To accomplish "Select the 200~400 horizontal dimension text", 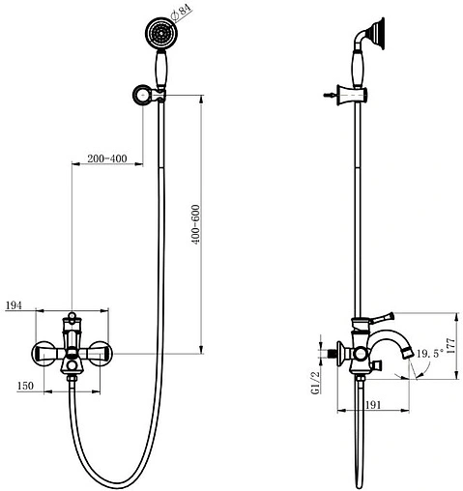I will [106, 157].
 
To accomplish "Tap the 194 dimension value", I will [14, 305].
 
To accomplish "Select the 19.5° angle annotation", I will [431, 355].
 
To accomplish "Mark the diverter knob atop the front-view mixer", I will [72, 318].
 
